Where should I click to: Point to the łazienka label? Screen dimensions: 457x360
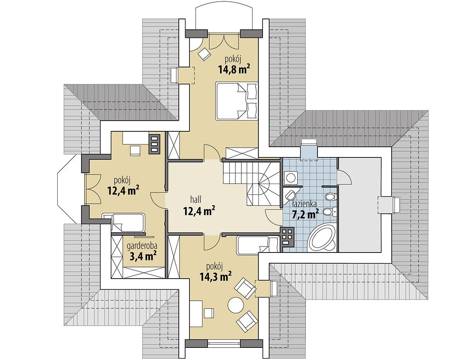point(305,204)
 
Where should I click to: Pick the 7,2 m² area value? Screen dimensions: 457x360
point(305,214)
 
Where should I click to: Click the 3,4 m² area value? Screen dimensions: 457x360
point(142,256)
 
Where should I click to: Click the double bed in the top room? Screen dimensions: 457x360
point(236,101)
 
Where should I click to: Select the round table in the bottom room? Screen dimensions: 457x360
point(235,305)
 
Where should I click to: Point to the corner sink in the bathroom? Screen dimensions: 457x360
point(289,195)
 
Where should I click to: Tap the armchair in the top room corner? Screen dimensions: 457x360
point(204,54)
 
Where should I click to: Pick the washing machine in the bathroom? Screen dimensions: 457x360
point(290,178)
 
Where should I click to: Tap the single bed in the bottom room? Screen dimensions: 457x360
point(258,244)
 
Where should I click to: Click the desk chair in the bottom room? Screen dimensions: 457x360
point(208,313)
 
